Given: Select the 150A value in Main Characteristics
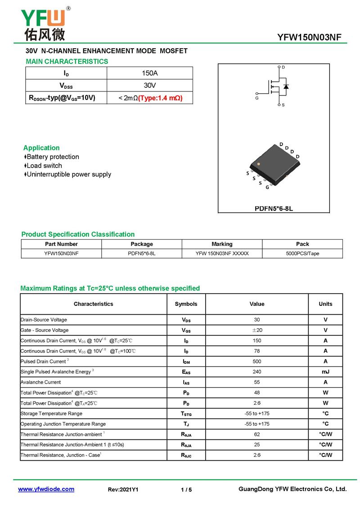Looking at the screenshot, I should (149, 73).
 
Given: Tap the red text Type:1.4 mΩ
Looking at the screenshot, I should (160, 98).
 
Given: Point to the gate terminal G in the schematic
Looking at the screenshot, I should (257, 98).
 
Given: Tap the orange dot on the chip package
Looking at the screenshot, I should (258, 164).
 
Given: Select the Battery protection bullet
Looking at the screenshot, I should (53, 157).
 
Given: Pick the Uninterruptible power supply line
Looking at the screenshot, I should (69, 174).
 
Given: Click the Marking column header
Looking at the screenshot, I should (222, 244).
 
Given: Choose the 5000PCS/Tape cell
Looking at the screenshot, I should (302, 253).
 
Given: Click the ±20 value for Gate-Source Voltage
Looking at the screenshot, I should (257, 330).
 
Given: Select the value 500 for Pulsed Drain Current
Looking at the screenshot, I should (257, 361).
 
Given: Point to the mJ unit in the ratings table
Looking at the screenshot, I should (325, 372).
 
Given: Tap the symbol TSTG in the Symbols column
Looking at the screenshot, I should (186, 413).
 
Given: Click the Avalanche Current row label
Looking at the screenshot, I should (41, 382).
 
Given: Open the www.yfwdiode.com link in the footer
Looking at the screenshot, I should (46, 489).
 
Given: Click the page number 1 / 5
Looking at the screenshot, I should (186, 489).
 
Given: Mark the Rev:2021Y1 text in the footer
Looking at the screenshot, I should (123, 489).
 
